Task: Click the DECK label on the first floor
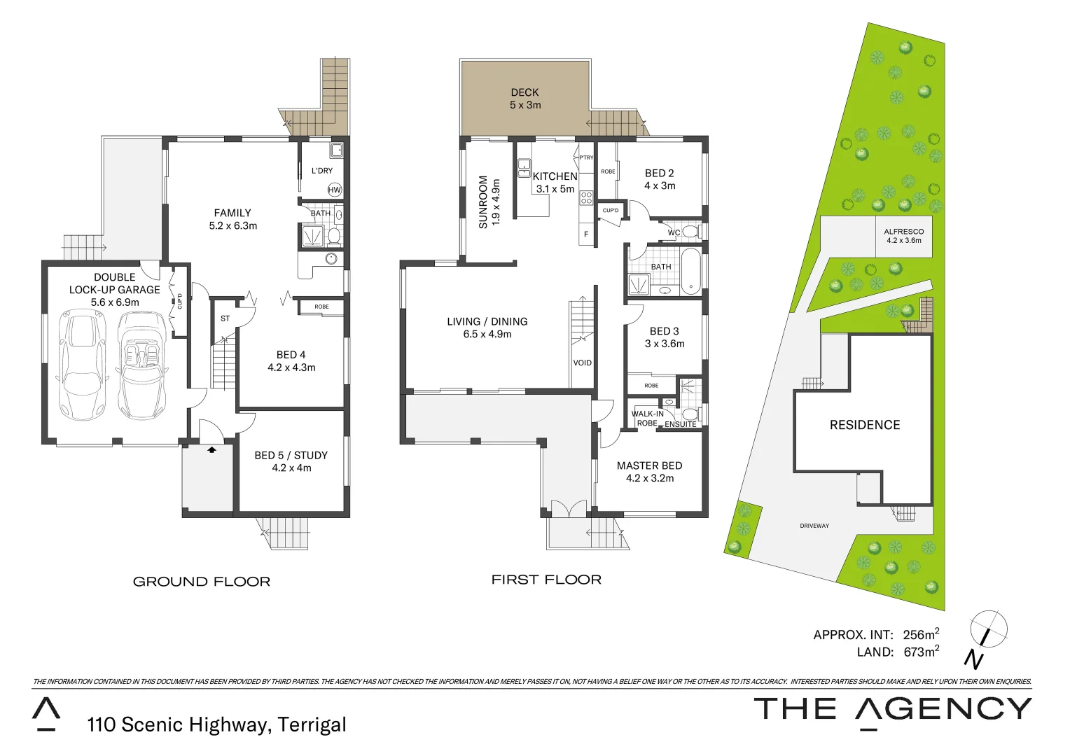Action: coord(524,92)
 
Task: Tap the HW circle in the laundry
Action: coord(334,190)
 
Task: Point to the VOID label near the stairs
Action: coord(582,363)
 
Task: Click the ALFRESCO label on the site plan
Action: coord(903,232)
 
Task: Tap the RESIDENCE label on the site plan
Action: coord(865,425)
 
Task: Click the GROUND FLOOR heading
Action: coord(201,582)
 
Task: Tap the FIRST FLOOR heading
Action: coord(546,580)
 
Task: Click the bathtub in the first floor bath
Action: coord(690,271)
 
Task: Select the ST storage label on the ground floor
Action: coord(225,318)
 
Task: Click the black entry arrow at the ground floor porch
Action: coord(211,450)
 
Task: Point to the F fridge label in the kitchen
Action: coord(586,234)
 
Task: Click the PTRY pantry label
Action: coord(586,157)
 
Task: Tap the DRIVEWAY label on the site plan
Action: coord(814,526)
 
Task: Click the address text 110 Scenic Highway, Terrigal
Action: coord(216,724)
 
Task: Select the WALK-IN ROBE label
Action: coord(647,418)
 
